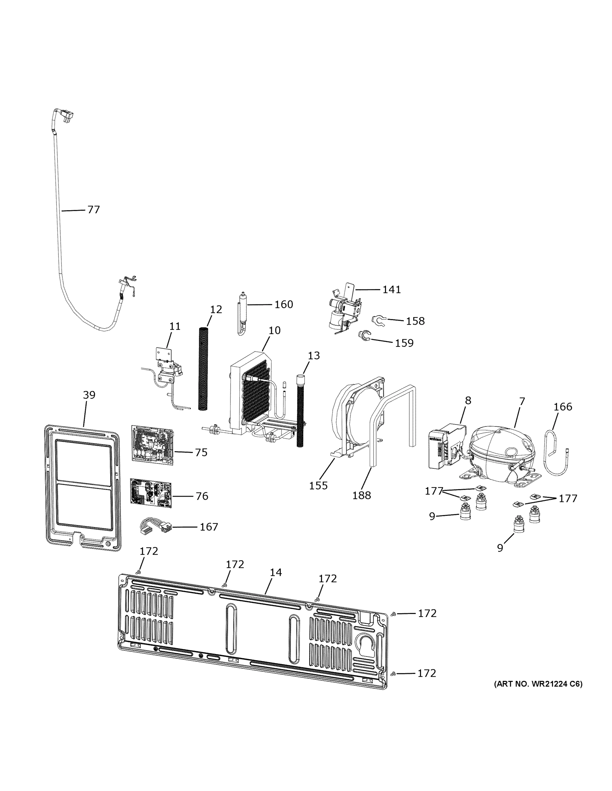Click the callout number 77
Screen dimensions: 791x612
(x=94, y=210)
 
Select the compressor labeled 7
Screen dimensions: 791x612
(x=502, y=453)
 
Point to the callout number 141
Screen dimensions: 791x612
(x=392, y=289)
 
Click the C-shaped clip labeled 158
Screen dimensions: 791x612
(x=377, y=320)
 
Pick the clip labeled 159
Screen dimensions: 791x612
(x=364, y=336)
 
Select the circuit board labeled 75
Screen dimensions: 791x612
(x=152, y=444)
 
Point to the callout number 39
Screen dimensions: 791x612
(x=89, y=395)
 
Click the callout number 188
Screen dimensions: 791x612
(x=362, y=495)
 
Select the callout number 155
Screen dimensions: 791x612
(x=318, y=486)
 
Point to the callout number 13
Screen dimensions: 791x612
(x=314, y=356)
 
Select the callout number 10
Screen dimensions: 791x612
(x=274, y=330)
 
